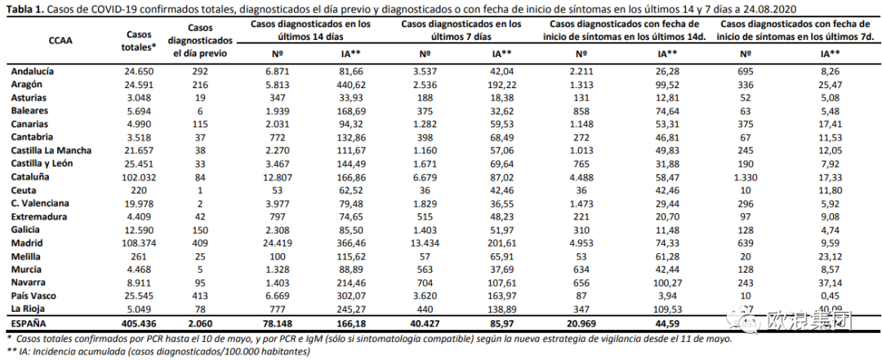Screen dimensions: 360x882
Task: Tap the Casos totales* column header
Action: tap(138, 41)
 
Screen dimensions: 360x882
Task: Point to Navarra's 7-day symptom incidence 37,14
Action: tap(830, 283)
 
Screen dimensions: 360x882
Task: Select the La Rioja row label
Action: tap(29, 309)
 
